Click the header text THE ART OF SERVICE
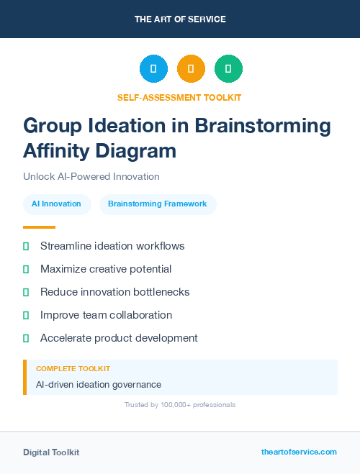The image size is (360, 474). [x=180, y=19]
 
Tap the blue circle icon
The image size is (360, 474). [x=153, y=69]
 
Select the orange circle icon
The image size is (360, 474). [x=191, y=69]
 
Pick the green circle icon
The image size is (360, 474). [x=228, y=69]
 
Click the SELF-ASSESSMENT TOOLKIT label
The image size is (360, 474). [x=180, y=97]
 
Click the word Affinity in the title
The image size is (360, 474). [x=58, y=151]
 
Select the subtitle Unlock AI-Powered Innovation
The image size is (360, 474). [x=91, y=176]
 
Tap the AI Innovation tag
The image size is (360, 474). [x=57, y=204]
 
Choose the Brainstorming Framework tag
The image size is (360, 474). [x=158, y=204]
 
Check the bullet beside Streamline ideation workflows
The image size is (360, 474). [x=26, y=246]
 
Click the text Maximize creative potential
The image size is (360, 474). [x=106, y=269]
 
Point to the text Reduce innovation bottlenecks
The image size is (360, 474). [x=114, y=292]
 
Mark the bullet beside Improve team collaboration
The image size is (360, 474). [x=26, y=315]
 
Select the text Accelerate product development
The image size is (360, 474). [x=119, y=338]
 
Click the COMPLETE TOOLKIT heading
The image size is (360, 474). [x=73, y=368]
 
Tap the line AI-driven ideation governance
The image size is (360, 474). [x=99, y=384]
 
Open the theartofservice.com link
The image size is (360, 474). [x=299, y=452]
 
